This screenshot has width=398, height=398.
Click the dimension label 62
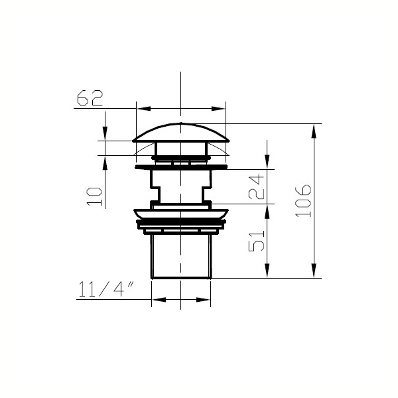pyautogui.click(x=90, y=98)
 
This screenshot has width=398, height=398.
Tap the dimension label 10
pyautogui.click(x=94, y=196)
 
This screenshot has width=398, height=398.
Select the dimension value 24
pyautogui.click(x=256, y=186)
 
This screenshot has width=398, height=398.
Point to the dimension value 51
pyautogui.click(x=256, y=241)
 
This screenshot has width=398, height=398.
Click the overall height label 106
pyautogui.click(x=303, y=201)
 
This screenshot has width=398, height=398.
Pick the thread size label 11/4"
pyautogui.click(x=106, y=289)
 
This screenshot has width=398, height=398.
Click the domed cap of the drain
pyautogui.click(x=180, y=133)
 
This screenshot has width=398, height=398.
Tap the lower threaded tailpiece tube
pyautogui.click(x=181, y=256)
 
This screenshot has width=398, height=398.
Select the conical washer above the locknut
pyautogui.click(x=181, y=214)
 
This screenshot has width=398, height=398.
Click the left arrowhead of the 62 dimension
pyautogui.click(x=144, y=109)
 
